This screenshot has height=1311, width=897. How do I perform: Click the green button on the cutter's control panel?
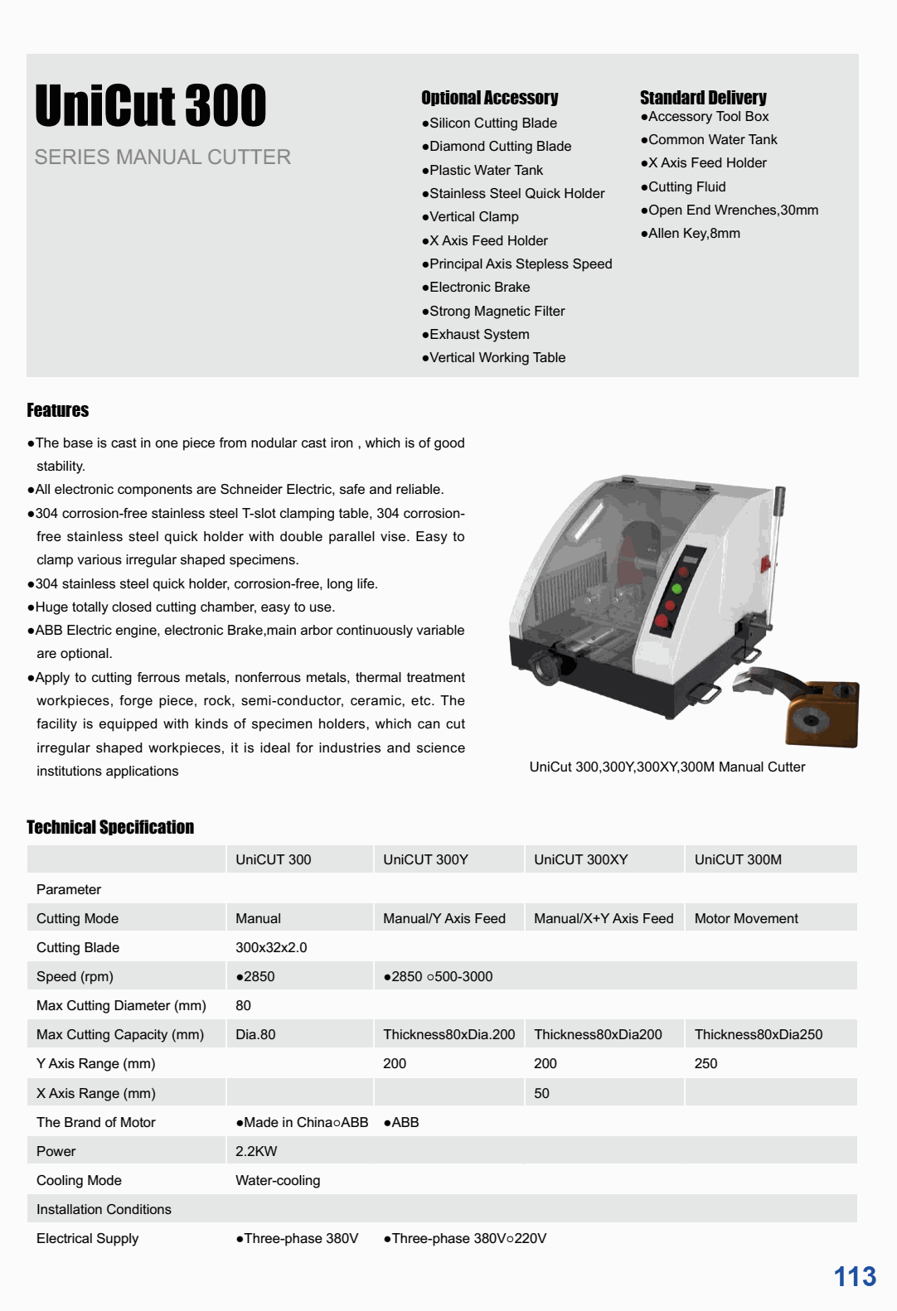[676, 588]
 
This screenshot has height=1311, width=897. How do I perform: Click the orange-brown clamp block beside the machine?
[822, 713]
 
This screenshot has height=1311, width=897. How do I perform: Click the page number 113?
[854, 1276]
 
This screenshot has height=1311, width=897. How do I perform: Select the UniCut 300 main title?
[151, 106]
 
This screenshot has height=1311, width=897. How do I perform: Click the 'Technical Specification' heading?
[110, 827]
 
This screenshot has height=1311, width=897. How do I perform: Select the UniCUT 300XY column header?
[580, 859]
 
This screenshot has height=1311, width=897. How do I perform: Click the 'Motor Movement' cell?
[746, 918]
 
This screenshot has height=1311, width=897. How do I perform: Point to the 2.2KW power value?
[256, 1151]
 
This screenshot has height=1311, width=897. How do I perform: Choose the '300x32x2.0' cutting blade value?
[271, 947]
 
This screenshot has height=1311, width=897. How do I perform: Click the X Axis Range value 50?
[541, 1093]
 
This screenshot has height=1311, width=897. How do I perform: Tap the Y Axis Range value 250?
[705, 1063]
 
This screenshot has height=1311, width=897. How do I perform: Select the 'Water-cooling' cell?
[278, 1180]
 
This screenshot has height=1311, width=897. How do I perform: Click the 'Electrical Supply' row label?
[87, 1238]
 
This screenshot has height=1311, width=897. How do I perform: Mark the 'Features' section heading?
[57, 410]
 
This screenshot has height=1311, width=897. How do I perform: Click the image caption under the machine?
[667, 767]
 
